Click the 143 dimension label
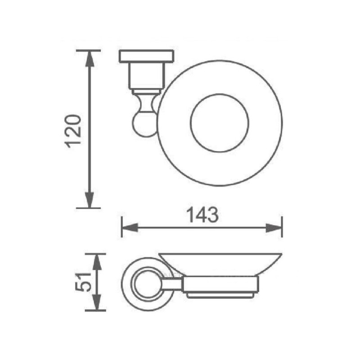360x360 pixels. point(202,215)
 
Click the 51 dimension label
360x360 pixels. point(83,282)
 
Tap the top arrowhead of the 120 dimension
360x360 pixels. point(90,58)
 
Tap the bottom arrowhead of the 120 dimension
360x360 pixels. point(90,200)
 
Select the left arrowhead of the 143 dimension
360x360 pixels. point(130,228)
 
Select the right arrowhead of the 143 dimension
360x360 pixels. point(274,228)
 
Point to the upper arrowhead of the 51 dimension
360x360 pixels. point(97,262)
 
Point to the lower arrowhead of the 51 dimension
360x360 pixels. point(97,302)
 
